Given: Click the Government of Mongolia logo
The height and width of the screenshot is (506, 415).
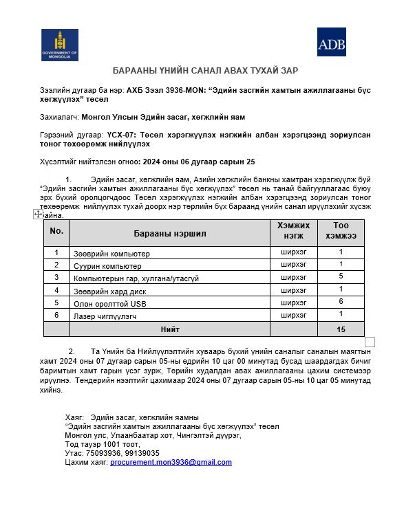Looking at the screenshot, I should click(60, 45).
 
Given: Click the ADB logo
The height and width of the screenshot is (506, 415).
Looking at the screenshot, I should click(332, 43).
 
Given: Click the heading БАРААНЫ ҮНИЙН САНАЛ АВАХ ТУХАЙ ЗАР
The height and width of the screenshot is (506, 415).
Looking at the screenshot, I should click(206, 71).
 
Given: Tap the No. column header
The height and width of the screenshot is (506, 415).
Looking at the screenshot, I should click(56, 232).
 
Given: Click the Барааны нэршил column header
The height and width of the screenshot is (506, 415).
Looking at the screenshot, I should click(170, 234).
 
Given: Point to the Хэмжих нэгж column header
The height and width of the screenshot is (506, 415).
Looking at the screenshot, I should click(294, 230).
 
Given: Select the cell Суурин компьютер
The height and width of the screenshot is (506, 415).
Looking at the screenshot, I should click(107, 266).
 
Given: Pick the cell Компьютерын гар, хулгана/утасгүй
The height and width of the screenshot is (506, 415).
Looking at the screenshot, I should click(136, 278).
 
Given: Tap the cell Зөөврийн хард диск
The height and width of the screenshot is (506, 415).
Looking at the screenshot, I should click(110, 291).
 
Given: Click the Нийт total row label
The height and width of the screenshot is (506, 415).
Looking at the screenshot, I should click(170, 329).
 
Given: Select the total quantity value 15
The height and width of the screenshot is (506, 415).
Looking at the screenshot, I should click(341, 329).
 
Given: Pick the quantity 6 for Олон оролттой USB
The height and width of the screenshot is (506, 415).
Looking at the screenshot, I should click(341, 302).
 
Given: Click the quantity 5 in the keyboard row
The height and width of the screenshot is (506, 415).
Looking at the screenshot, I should click(341, 276).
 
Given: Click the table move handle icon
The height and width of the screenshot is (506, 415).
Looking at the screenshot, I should click(39, 214).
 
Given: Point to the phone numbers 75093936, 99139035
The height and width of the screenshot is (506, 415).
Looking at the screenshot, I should click(121, 454).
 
